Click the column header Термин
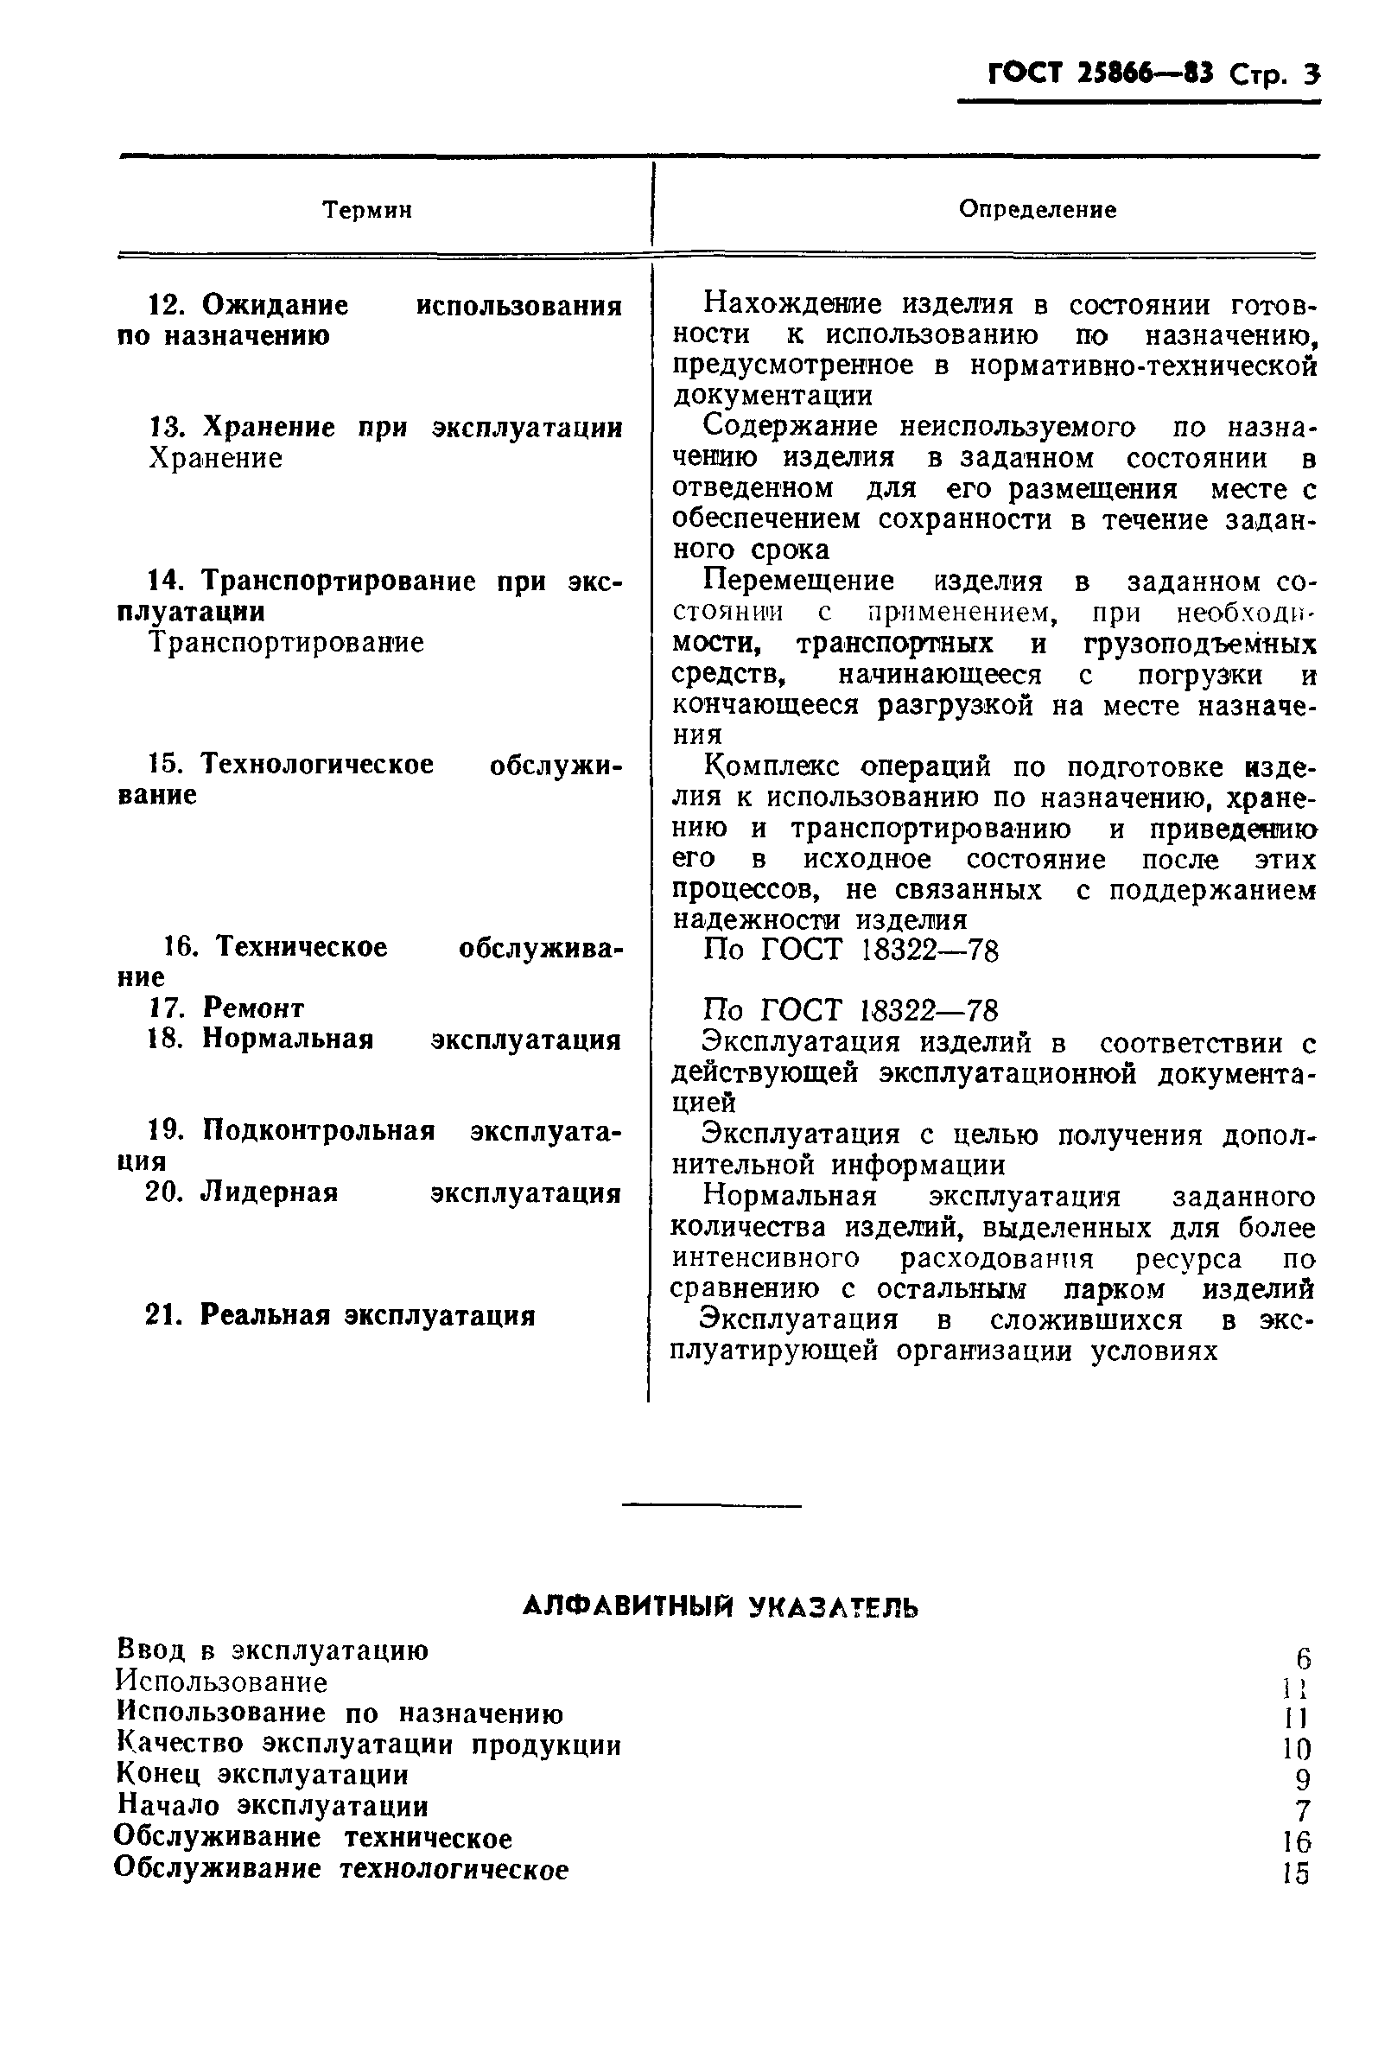[x=367, y=210]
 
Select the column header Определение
[x=1038, y=210]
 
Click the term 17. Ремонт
[x=225, y=1008]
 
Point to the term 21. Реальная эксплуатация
[x=340, y=1315]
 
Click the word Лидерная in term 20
[x=270, y=1192]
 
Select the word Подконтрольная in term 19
[x=318, y=1130]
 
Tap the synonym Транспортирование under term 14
[x=286, y=642]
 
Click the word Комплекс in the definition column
[x=771, y=766]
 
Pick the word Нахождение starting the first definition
[x=795, y=305]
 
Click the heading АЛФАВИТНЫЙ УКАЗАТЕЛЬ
[x=720, y=1607]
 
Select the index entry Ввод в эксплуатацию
[x=272, y=1650]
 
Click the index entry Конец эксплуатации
[x=263, y=1775]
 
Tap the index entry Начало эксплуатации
[x=272, y=1806]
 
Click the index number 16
[x=1296, y=1843]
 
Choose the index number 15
[x=1296, y=1874]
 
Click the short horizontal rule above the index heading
[x=711, y=1505]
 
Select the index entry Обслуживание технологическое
[x=341, y=1868]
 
